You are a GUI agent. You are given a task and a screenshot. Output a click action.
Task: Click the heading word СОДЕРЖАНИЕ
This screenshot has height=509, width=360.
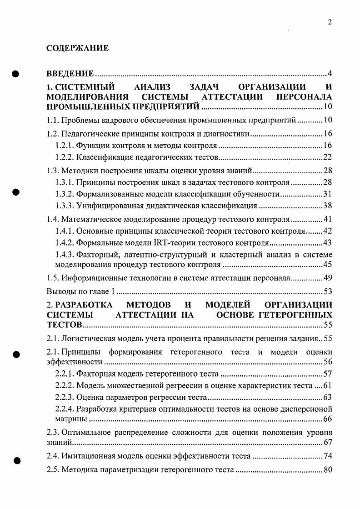click(78, 48)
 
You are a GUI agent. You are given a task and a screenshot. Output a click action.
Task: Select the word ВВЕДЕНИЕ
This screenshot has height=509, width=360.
click(70, 74)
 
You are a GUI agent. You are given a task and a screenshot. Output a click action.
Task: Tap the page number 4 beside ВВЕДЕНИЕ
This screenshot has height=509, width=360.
click(330, 74)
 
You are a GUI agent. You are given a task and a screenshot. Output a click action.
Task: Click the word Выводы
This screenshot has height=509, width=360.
click(60, 291)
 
